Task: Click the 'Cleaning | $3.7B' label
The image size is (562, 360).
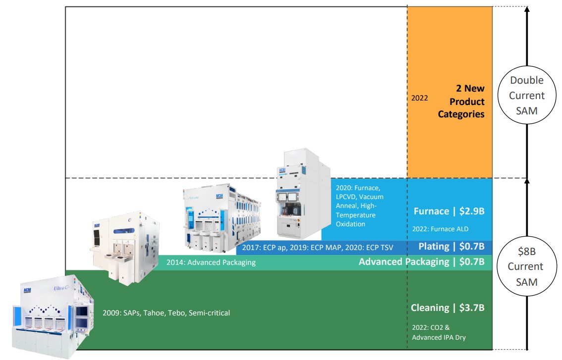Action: click(447, 308)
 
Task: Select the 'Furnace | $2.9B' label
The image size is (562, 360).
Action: click(449, 211)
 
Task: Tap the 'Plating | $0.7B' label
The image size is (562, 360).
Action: click(451, 247)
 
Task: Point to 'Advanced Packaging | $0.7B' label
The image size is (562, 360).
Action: click(421, 261)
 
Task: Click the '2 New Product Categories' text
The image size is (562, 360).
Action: click(461, 102)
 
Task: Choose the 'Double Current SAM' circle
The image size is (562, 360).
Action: click(527, 96)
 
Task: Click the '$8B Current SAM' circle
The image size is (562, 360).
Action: click(527, 266)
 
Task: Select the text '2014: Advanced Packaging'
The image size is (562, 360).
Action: click(211, 262)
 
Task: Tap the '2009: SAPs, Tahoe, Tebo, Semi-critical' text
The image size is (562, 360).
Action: click(166, 313)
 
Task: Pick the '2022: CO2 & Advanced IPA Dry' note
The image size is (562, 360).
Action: click(439, 333)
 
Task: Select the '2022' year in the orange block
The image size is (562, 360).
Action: click(419, 99)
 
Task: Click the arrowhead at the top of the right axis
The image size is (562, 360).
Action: click(527, 10)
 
